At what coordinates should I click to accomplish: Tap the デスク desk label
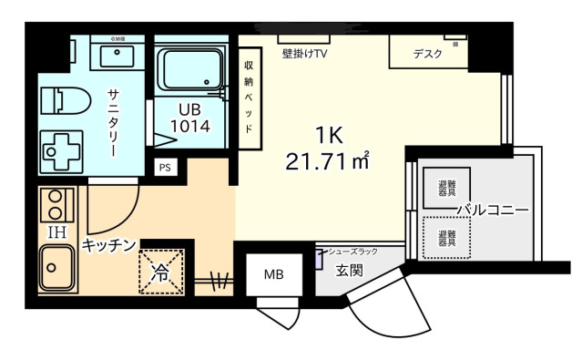pyautogui.click(x=427, y=54)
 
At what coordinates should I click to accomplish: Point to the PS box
pyautogui.click(x=165, y=167)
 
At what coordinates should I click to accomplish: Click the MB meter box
pyautogui.click(x=273, y=273)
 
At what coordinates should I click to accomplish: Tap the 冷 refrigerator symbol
pyautogui.click(x=161, y=271)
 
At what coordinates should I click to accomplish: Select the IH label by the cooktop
pyautogui.click(x=56, y=231)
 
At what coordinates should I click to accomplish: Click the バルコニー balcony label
pyautogui.click(x=492, y=211)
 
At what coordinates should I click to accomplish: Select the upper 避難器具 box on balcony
pyautogui.click(x=445, y=188)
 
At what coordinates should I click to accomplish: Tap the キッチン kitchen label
pyautogui.click(x=108, y=244)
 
